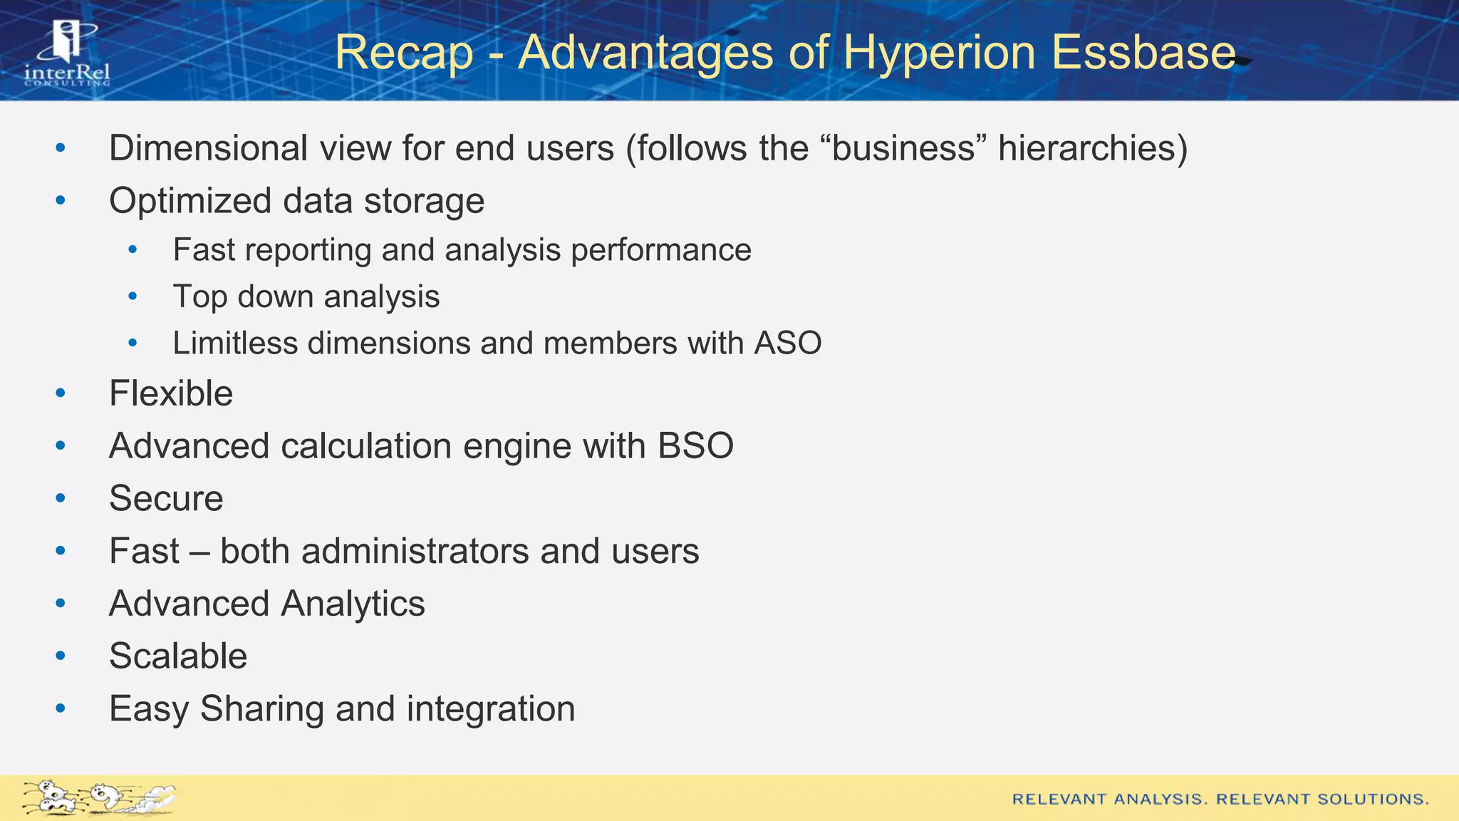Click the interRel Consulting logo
(x=68, y=54)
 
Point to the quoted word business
(x=903, y=148)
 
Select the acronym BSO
(x=695, y=446)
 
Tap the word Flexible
(x=171, y=393)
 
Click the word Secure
(x=166, y=498)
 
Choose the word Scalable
(x=178, y=656)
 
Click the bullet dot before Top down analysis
(x=133, y=296)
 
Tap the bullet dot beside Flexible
(x=61, y=393)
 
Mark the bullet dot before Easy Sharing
(x=61, y=708)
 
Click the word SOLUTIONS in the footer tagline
(x=1373, y=799)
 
